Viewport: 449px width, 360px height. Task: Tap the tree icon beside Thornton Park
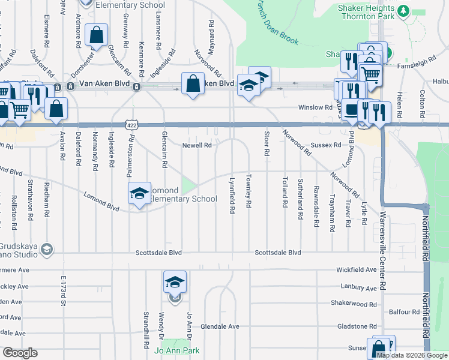point(404,10)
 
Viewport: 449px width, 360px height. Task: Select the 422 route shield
point(131,124)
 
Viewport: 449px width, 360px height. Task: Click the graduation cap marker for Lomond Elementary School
point(139,193)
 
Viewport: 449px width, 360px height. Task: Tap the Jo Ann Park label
point(177,350)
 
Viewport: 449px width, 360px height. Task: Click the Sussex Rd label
point(326,146)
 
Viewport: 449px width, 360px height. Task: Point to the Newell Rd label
point(197,145)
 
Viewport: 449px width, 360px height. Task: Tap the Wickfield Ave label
point(358,271)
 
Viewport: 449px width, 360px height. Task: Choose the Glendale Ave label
point(220,326)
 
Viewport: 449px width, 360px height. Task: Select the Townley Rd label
point(248,191)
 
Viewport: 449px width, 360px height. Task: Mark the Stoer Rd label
point(265,142)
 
